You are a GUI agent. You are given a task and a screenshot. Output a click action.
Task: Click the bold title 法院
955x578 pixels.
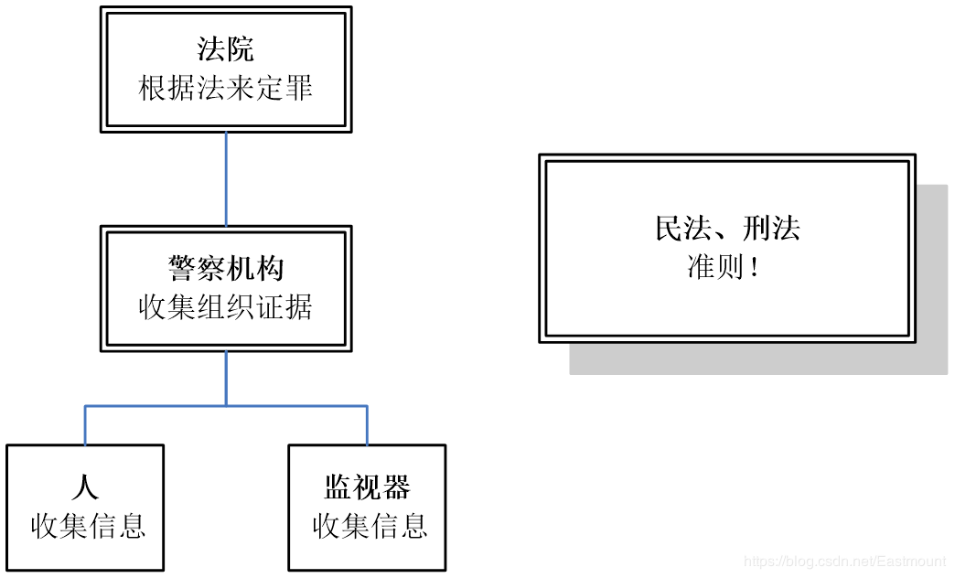[225, 49]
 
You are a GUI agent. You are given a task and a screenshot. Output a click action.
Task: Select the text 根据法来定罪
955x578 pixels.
[225, 89]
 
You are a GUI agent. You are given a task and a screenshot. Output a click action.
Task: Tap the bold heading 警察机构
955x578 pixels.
[225, 269]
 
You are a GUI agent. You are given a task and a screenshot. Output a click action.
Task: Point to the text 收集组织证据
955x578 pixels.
[225, 307]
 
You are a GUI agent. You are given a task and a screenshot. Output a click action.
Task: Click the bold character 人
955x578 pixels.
[85, 487]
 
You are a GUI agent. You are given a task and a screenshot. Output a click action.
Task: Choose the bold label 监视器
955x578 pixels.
[367, 487]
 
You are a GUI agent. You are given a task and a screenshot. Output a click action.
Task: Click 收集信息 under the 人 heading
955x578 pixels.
[88, 526]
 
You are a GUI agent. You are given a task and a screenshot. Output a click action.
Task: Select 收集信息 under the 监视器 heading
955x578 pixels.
[370, 526]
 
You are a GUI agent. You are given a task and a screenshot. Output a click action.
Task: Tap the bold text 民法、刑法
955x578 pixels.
[727, 228]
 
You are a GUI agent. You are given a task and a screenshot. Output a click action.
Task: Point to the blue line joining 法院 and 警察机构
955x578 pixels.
[226, 179]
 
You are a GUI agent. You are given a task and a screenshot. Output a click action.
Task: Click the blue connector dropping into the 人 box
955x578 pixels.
[85, 425]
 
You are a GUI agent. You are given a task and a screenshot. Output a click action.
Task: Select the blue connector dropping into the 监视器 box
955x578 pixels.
[367, 425]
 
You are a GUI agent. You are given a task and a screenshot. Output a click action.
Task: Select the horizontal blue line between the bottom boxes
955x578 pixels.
[226, 405]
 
